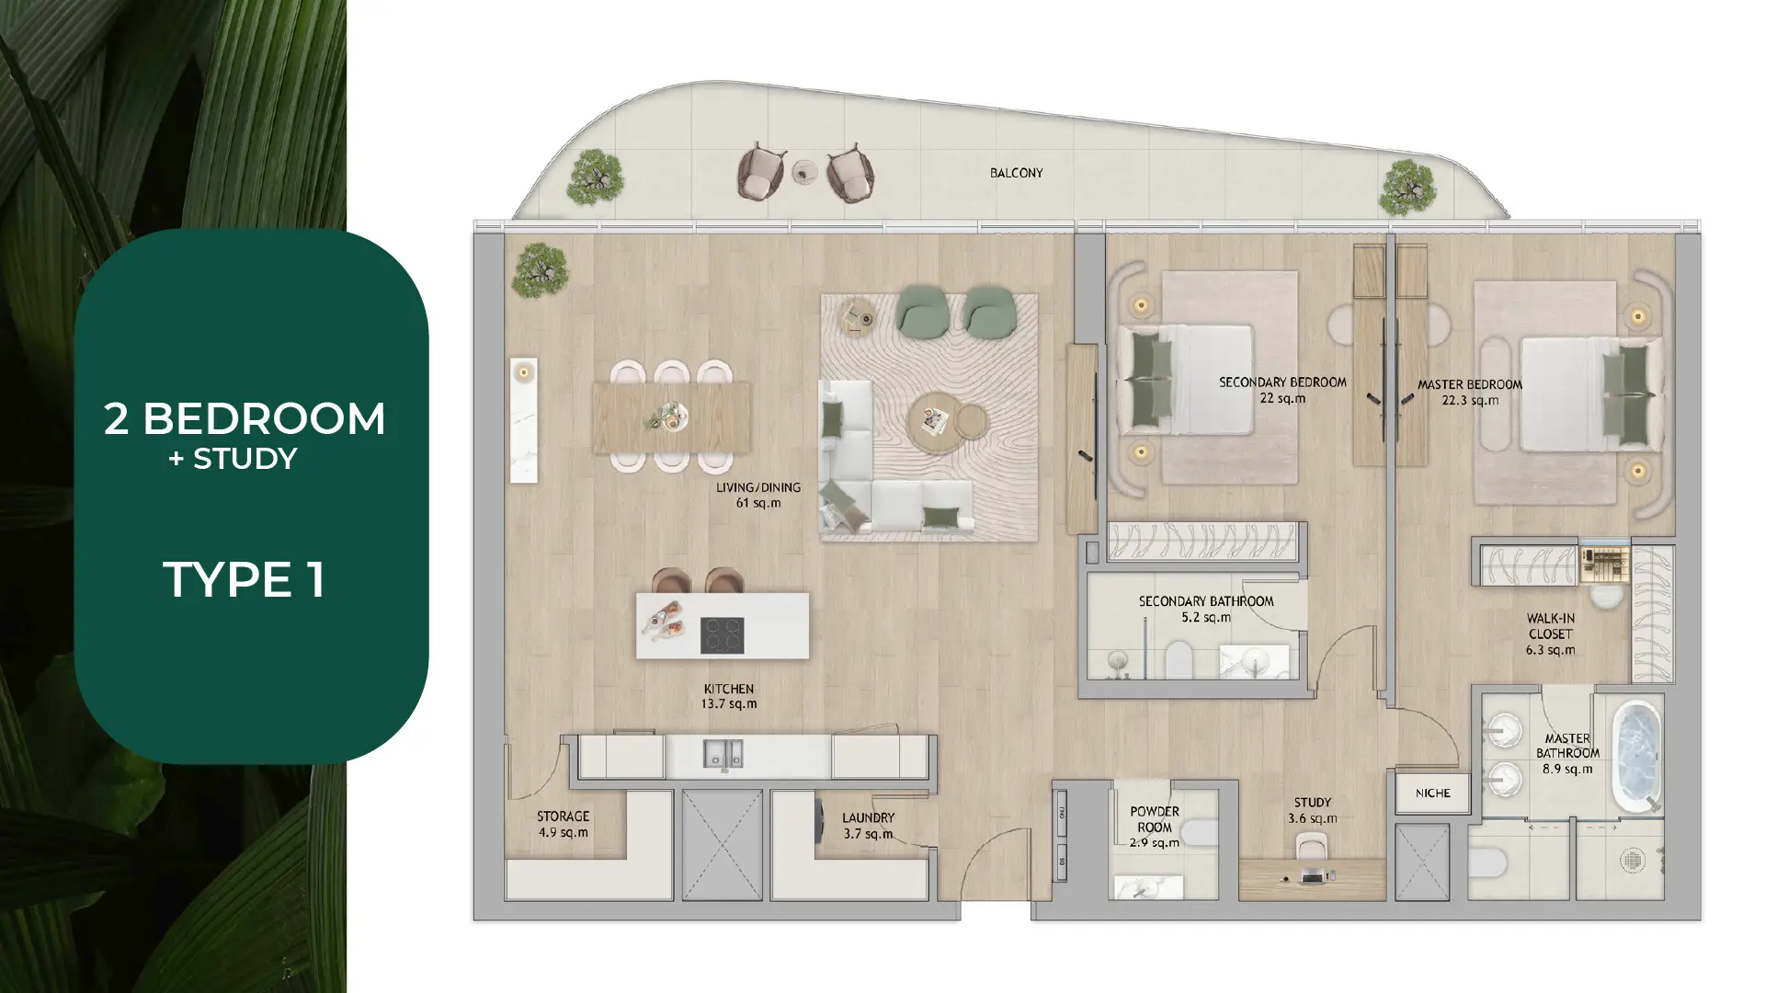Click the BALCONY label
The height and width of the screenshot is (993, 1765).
coord(1016,173)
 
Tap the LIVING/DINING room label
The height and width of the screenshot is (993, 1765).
coord(758,495)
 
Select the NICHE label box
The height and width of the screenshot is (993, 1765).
coord(1432,793)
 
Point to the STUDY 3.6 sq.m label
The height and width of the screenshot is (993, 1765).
coord(1312,810)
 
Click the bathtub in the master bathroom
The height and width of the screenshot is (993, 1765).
coord(1637,757)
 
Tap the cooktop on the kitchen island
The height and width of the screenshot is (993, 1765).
coord(722,634)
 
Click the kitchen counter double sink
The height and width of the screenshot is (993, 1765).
coord(723,755)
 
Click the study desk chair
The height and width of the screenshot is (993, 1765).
coord(1312,847)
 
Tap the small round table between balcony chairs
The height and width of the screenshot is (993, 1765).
coord(805,172)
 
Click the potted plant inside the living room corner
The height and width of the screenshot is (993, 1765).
coord(540,270)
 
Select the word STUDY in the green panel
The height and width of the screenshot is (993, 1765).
coord(245,459)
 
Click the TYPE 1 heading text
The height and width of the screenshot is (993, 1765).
coord(244,580)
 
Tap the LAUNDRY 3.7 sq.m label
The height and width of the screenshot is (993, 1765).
coord(868,826)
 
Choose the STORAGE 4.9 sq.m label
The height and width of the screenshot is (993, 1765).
coord(563,825)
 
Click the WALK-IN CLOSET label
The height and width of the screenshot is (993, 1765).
coord(1550,634)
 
